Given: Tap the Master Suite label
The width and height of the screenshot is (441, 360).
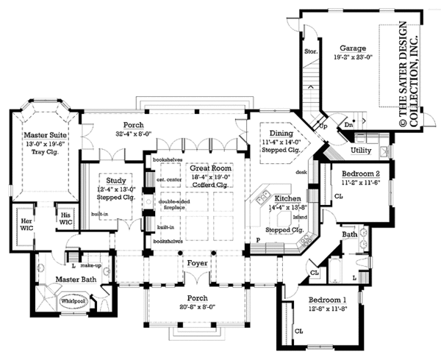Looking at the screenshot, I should [46, 136].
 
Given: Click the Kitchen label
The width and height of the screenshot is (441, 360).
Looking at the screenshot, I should [287, 199].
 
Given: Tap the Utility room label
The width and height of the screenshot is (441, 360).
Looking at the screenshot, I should [361, 150].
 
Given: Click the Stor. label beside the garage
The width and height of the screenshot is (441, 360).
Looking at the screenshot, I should [311, 52].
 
